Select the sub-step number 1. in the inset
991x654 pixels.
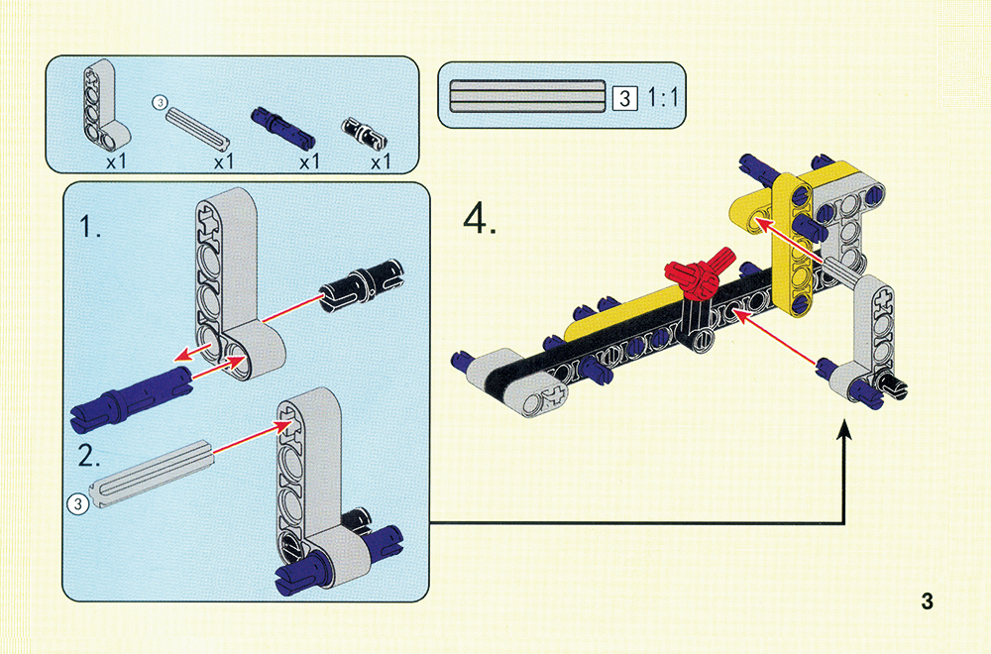coord(91,228)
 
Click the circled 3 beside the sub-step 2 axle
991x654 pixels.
coord(77,503)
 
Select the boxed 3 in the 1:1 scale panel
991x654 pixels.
coord(624,97)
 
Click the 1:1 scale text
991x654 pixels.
coord(664,97)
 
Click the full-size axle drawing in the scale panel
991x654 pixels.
coord(526,95)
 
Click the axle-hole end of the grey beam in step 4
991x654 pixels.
coord(552,395)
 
